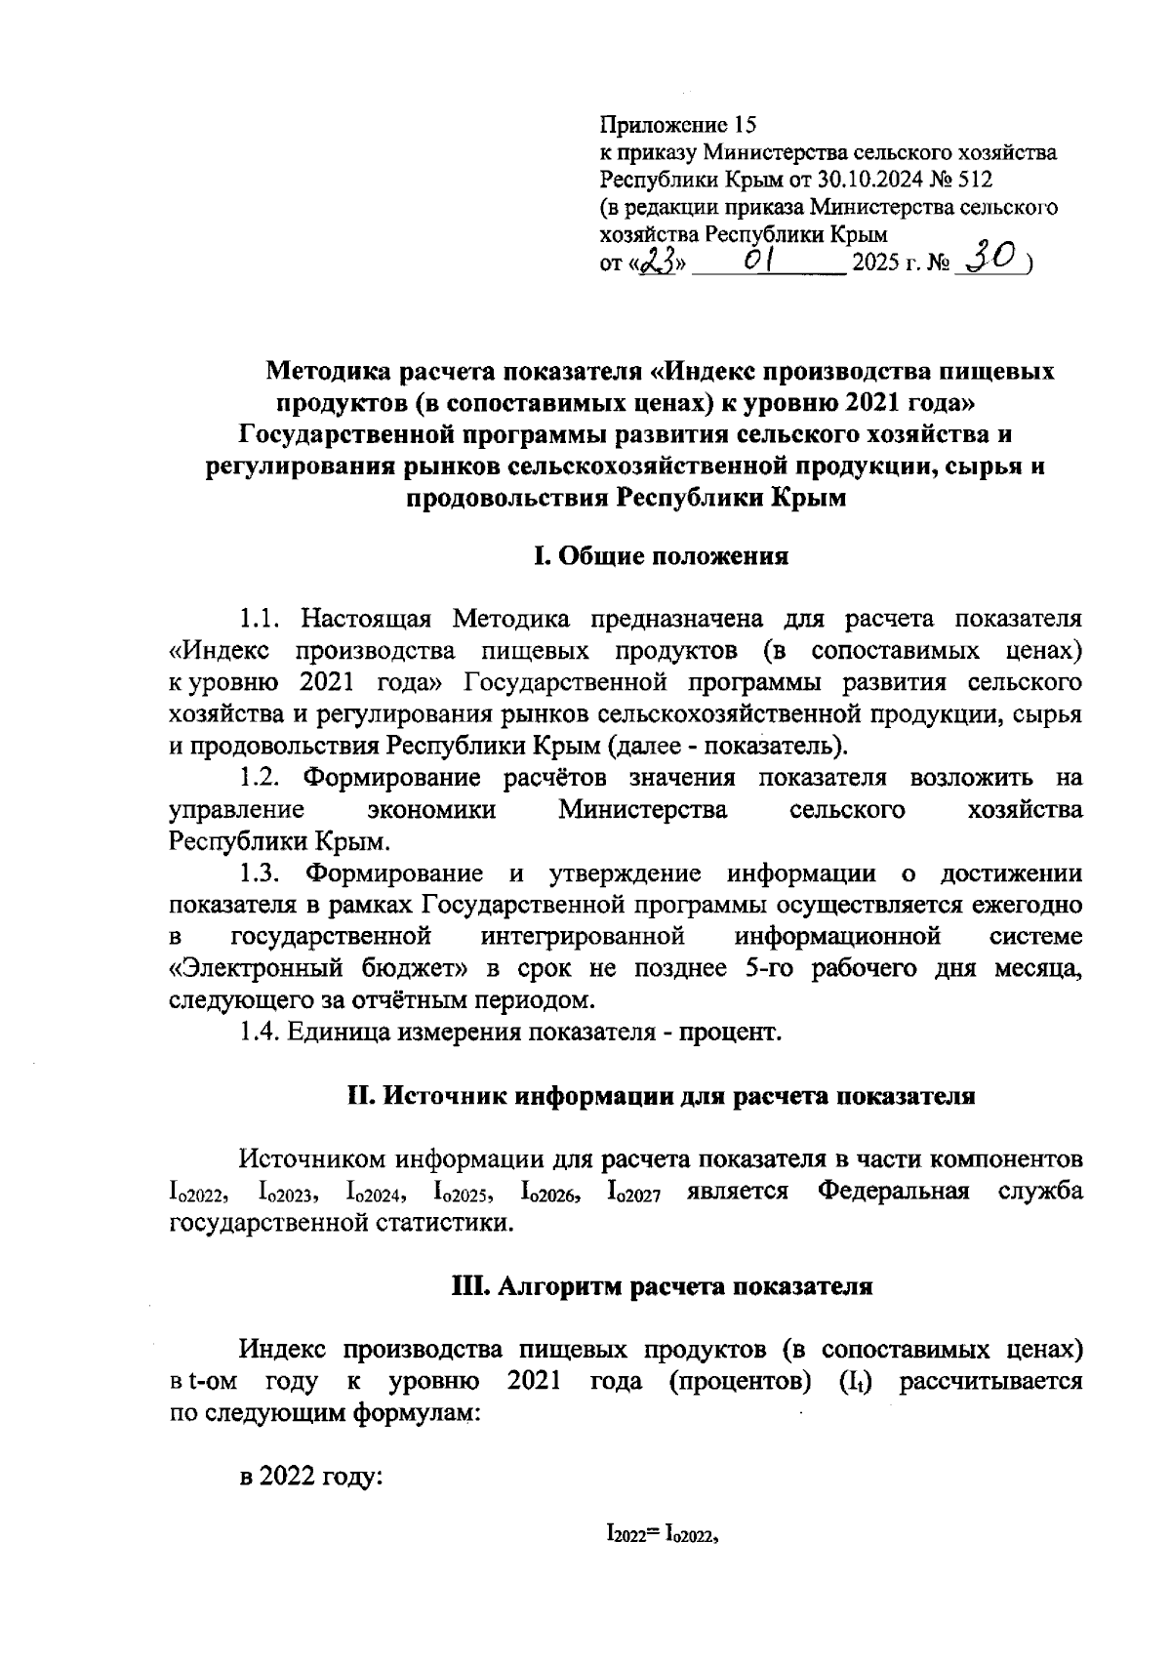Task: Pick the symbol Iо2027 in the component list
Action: click(x=634, y=1194)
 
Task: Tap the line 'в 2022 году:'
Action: click(x=309, y=1476)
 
